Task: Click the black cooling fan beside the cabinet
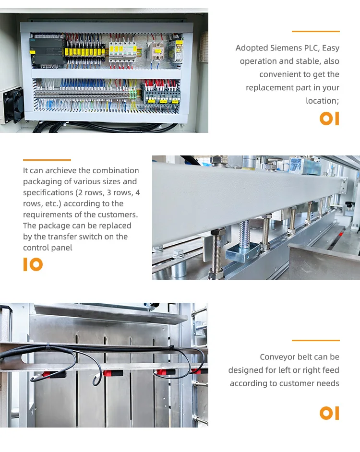tap(13, 105)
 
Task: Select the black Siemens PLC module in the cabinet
tap(47, 51)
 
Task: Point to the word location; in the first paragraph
tap(323, 101)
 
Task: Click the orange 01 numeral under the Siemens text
tap(329, 119)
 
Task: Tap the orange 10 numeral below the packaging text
tap(33, 264)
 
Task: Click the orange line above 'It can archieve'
tap(47, 160)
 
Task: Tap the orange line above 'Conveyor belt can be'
tap(315, 341)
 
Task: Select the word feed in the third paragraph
tap(331, 370)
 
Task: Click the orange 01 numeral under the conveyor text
tap(329, 413)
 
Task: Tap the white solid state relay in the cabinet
tap(157, 50)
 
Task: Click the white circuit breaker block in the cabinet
tap(122, 52)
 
